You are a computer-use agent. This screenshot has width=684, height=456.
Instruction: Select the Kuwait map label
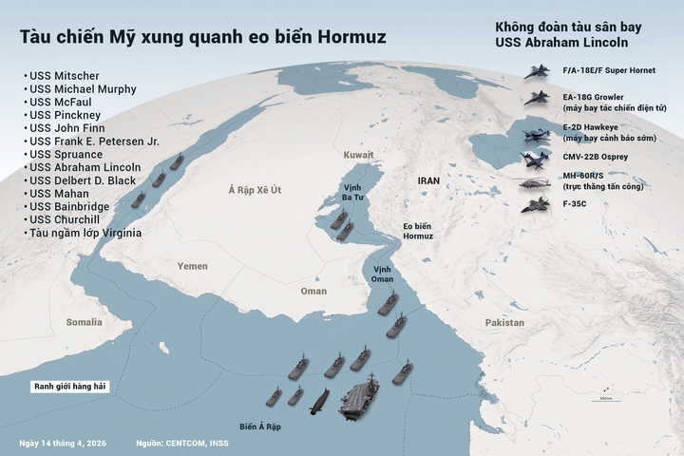click(359, 154)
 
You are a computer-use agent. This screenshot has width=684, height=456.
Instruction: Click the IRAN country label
click(430, 180)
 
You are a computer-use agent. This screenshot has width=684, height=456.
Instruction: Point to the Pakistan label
click(504, 323)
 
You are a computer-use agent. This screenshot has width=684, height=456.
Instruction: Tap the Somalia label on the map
click(84, 323)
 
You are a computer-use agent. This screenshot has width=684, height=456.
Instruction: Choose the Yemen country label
click(192, 266)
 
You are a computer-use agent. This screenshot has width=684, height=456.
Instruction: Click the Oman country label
click(313, 292)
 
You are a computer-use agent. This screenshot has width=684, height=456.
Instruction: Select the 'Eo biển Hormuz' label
click(417, 231)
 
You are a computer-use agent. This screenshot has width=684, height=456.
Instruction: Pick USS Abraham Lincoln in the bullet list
click(85, 167)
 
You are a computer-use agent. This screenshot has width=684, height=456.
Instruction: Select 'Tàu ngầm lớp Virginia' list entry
click(85, 233)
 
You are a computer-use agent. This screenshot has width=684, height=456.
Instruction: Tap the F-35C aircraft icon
click(537, 204)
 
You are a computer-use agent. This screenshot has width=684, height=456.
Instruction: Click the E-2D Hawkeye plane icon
click(537, 133)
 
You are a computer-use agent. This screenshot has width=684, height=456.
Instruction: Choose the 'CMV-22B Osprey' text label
click(596, 156)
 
